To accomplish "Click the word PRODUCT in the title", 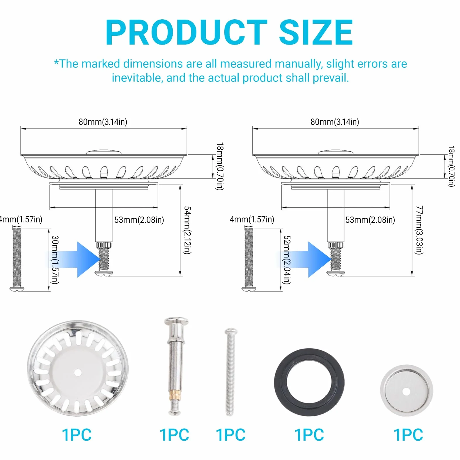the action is pos(186,32).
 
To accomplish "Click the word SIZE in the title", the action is pos(316,32).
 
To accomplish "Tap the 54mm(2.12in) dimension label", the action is pos(187,230).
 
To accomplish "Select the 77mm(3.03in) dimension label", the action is pos(419,230).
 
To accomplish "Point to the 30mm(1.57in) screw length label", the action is pos(55,260).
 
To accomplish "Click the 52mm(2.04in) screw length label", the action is pos(287,260).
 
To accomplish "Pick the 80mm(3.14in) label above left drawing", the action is pos(103,122).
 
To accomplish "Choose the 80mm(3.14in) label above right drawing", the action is pos(335,122).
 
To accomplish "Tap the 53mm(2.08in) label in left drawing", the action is pos(139,220).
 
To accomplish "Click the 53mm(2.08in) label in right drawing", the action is pos(370,220).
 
